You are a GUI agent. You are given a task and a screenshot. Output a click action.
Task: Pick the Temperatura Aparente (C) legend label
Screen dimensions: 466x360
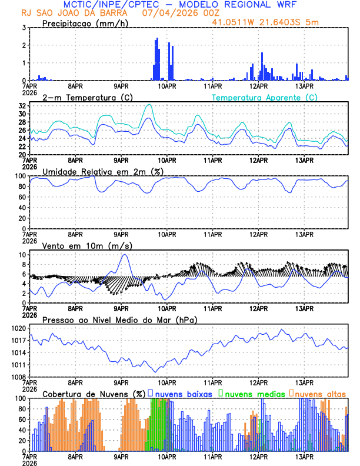265,97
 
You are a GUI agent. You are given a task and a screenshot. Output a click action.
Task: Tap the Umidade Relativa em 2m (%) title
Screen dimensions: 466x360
103,171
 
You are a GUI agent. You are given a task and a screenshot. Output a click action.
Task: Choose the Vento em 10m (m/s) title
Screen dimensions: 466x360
87,245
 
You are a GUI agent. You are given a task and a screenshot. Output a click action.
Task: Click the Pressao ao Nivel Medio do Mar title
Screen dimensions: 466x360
119,319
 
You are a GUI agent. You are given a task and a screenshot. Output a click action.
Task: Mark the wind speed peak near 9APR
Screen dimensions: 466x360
124,254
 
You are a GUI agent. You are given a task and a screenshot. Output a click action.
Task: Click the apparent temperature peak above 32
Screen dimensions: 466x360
149,105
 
